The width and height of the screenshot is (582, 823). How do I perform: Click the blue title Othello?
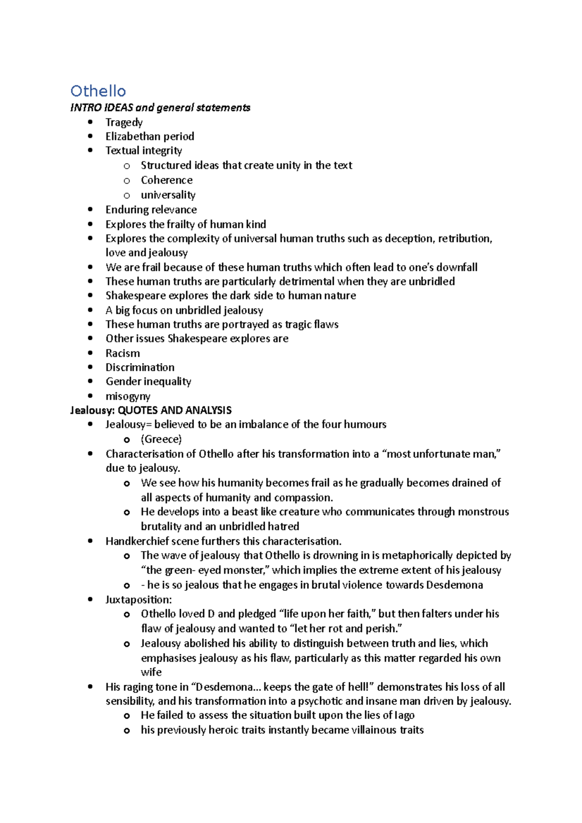tap(98, 91)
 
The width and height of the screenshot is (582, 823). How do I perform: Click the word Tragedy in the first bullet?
tap(124, 122)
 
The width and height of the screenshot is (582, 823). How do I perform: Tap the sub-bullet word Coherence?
tap(166, 180)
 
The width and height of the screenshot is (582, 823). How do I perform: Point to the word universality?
tap(168, 195)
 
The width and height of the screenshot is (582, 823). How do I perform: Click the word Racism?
tap(123, 353)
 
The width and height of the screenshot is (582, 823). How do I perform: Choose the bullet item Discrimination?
tap(140, 367)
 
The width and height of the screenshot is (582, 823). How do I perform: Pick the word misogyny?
tap(128, 396)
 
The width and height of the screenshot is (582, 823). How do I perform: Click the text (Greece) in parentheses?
tap(161, 439)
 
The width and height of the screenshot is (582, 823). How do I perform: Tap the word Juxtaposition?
tap(139, 600)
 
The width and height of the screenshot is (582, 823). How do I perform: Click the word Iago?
tap(404, 715)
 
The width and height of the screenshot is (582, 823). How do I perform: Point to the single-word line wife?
tap(151, 672)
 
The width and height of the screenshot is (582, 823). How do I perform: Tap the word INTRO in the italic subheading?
tap(82, 108)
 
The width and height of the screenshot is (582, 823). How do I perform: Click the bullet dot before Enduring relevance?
tap(90, 209)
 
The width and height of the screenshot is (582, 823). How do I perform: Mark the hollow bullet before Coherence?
tap(127, 181)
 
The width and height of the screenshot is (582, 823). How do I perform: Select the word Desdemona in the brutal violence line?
tap(454, 585)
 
